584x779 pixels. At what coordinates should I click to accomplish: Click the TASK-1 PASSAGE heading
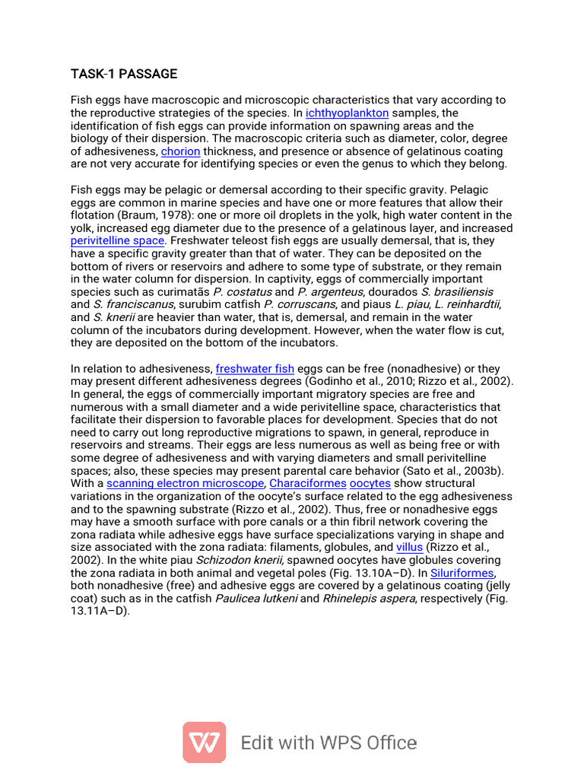click(124, 74)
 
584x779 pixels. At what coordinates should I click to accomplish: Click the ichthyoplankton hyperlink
click(347, 113)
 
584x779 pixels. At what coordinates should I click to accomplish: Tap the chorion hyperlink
click(180, 151)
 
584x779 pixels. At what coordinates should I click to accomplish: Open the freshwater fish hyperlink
click(255, 369)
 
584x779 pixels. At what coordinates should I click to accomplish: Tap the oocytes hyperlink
click(370, 483)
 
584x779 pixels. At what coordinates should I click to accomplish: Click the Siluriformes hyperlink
click(462, 573)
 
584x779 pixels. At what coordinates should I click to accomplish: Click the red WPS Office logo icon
click(204, 742)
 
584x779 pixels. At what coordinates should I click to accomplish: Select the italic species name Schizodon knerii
click(241, 560)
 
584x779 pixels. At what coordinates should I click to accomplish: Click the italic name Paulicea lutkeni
click(257, 598)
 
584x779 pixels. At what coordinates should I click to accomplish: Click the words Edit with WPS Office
click(328, 742)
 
